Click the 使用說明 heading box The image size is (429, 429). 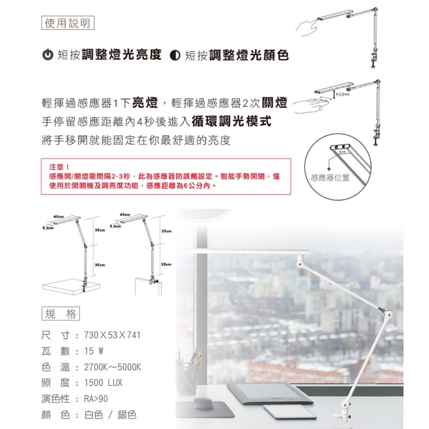[x=68, y=22]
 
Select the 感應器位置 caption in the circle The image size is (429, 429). [x=330, y=178]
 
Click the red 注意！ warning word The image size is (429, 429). [x=59, y=166]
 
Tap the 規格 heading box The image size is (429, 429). [x=61, y=314]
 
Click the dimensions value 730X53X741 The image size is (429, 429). [x=112, y=336]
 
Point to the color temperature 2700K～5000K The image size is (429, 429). [x=112, y=367]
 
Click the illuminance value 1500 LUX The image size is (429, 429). [x=103, y=383]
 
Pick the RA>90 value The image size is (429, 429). [x=96, y=399]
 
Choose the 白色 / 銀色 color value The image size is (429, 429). [x=110, y=415]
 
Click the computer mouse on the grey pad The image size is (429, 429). [x=206, y=404]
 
